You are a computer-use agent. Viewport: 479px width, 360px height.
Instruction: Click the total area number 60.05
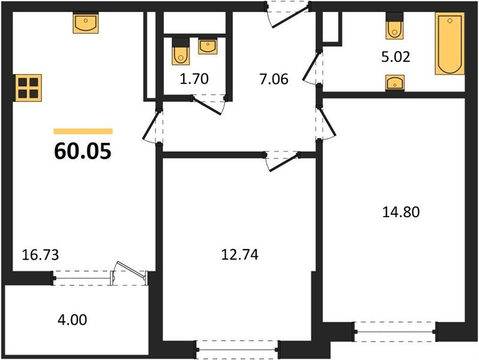tap(83, 151)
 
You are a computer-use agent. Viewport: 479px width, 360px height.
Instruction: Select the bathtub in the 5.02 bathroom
tap(450, 45)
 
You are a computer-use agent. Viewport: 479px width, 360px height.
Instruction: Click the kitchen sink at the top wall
tap(86, 24)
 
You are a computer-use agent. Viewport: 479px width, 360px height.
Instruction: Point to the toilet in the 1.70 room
tap(180, 52)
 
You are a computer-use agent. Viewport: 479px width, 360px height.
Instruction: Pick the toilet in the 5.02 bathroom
tap(394, 26)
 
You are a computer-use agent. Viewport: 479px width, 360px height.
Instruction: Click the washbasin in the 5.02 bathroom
tap(394, 83)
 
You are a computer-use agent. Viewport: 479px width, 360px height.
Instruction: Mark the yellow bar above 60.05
tap(83, 131)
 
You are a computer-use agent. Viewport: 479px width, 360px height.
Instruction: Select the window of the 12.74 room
tap(238, 347)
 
